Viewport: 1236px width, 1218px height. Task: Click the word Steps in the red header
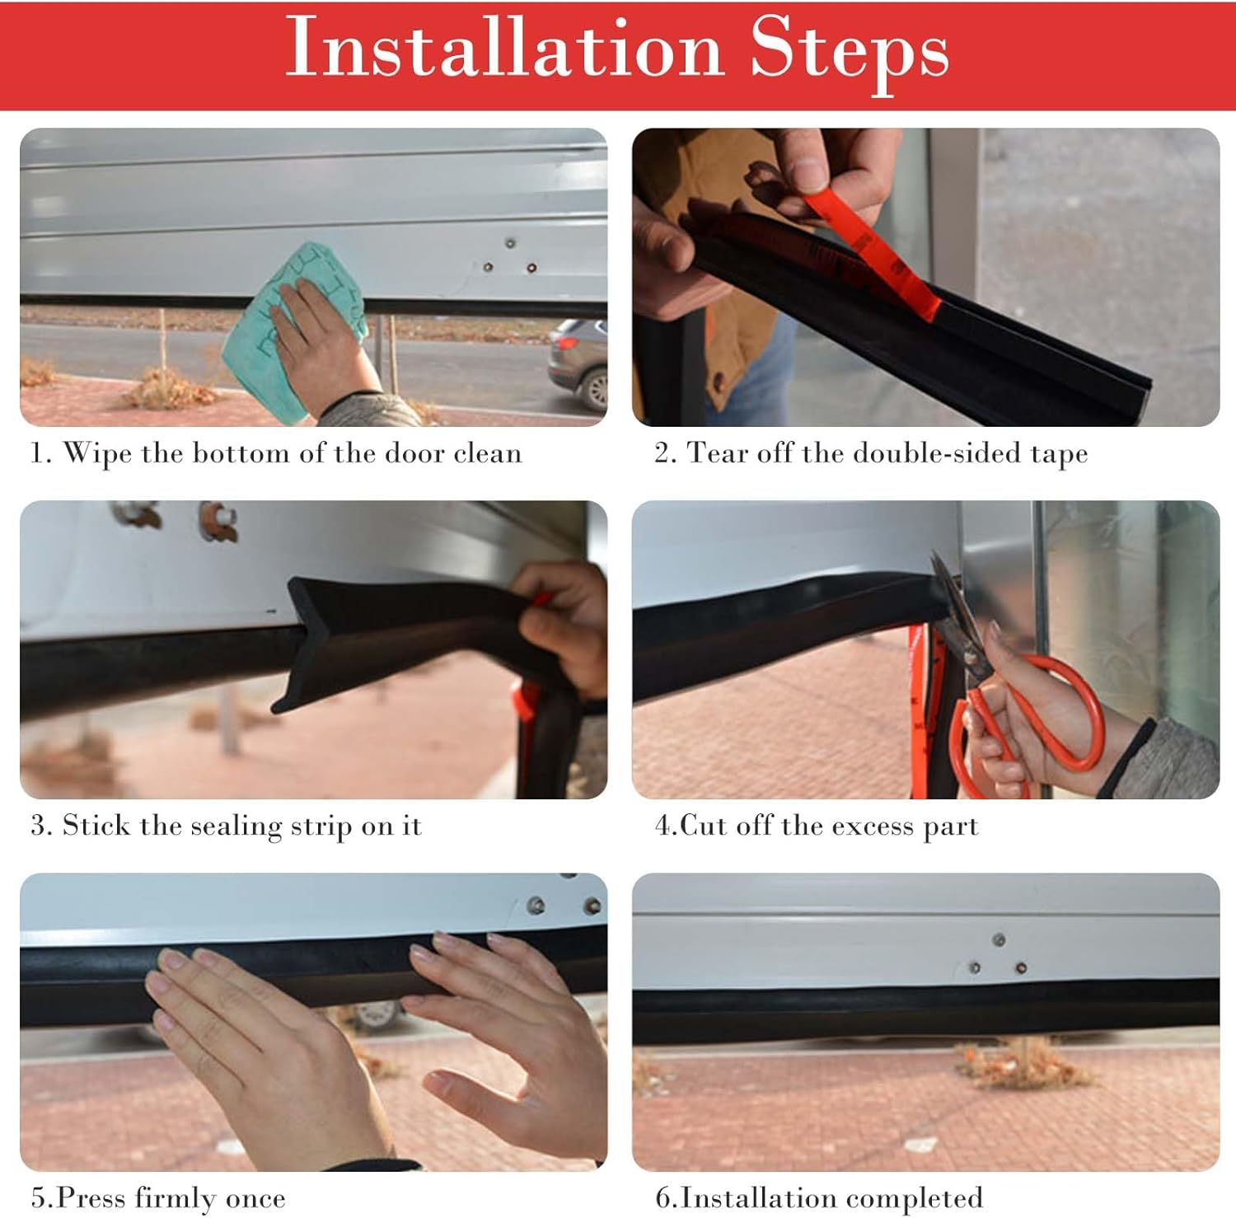850,51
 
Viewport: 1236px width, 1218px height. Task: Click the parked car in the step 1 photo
579,363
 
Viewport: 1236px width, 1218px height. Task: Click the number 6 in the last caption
662,1198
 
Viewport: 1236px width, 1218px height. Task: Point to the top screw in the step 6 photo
999,939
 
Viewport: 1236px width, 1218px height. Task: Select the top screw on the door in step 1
510,243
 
